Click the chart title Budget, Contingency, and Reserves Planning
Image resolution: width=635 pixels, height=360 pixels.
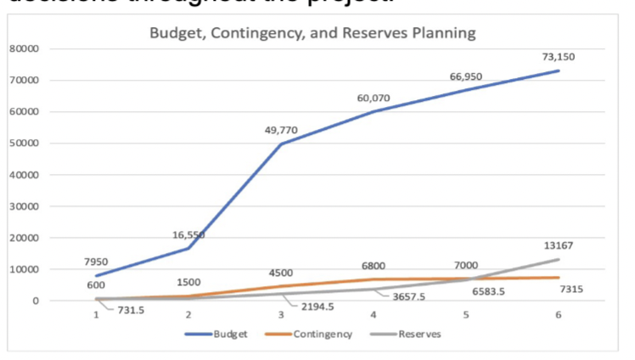tap(312, 34)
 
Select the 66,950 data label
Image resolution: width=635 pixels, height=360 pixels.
tap(466, 76)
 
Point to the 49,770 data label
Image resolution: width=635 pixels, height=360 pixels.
tap(281, 130)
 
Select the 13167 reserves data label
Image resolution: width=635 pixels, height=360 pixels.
tap(558, 245)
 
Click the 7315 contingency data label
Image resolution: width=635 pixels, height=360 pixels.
tap(571, 290)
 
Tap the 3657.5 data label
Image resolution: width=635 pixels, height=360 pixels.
tap(408, 297)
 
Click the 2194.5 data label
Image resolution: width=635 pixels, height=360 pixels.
tap(317, 307)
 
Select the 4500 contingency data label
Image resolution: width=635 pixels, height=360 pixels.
tap(281, 273)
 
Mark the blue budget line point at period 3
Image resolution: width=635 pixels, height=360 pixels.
tap(281, 143)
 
